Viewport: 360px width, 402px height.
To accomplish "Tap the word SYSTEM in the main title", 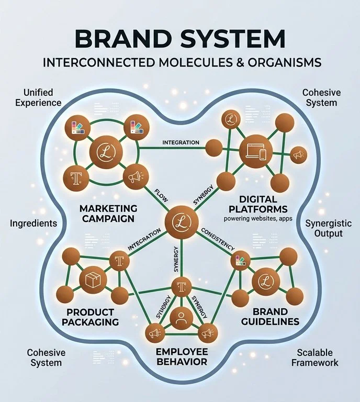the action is [232, 39].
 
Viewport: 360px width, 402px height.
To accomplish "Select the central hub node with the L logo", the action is [182, 222].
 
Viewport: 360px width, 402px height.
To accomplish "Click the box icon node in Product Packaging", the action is [93, 280].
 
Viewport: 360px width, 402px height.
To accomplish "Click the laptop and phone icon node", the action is [255, 152].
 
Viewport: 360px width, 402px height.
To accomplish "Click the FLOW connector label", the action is [161, 195].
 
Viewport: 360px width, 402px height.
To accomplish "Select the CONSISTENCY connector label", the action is [218, 239].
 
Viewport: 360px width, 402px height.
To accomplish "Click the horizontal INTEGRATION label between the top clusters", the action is [181, 142].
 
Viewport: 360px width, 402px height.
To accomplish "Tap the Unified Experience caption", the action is [38, 97].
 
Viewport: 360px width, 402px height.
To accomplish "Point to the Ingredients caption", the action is [33, 224].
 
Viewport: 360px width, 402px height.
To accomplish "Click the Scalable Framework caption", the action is [315, 358].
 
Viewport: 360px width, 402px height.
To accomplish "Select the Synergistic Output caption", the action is [329, 228].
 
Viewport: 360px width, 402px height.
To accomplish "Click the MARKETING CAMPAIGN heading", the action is [108, 214].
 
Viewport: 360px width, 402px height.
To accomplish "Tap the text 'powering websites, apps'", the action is [258, 219].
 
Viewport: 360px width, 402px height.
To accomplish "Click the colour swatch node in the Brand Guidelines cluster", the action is [240, 261].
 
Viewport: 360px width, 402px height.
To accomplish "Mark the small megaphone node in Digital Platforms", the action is [298, 154].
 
